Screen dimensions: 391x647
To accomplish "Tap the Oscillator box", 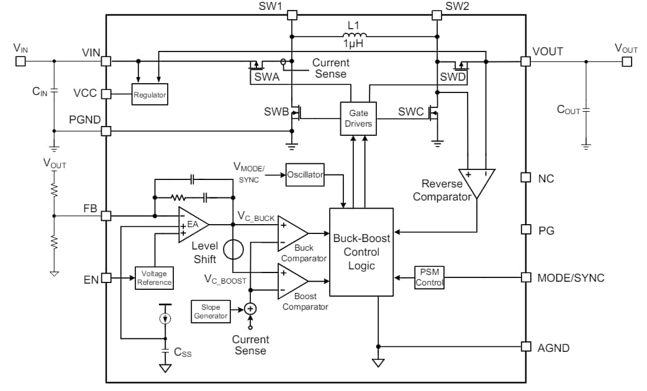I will [305, 174].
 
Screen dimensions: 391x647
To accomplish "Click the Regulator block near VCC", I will [150, 95].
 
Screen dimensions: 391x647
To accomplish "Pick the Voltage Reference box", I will [154, 277].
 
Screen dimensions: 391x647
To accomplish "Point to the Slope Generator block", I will [210, 311].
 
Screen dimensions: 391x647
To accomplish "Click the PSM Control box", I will [429, 277].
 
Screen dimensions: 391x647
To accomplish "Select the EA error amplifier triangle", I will [191, 224].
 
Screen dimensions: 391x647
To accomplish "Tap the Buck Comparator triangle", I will [291, 233].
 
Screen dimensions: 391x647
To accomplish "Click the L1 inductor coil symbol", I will [354, 35].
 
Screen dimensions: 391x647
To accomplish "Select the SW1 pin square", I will [292, 15].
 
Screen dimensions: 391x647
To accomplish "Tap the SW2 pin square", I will [438, 15].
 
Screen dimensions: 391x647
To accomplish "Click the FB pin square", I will [106, 216].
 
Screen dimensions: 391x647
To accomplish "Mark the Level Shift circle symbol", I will [233, 249].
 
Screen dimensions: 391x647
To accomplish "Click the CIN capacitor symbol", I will [54, 92].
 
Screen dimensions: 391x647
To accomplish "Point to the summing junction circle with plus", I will [250, 308].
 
